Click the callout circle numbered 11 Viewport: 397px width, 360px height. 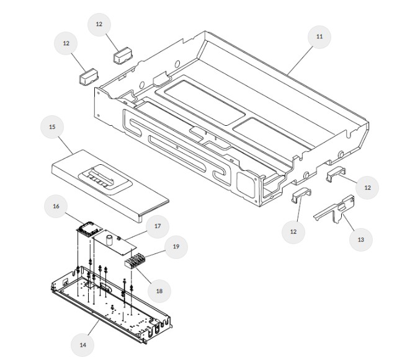319,37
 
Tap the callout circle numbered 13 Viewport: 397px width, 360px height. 360,239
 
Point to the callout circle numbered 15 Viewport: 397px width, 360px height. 52,127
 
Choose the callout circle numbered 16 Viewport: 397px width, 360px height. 56,206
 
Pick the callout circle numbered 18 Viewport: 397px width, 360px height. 159,289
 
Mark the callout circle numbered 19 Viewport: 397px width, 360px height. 176,246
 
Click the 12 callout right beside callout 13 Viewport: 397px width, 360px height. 367,187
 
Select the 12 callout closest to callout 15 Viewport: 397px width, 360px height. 66,43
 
